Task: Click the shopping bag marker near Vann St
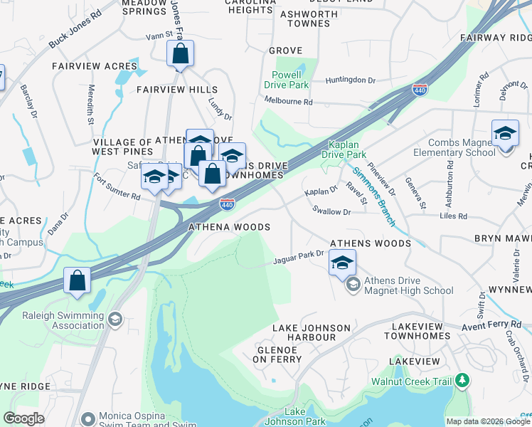point(181,54)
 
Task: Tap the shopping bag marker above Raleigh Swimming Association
point(77,280)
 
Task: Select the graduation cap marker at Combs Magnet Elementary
point(504,134)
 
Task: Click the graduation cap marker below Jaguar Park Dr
point(342,263)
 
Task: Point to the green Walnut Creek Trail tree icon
point(463,381)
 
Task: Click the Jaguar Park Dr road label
point(298,258)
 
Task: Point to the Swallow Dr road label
point(331,211)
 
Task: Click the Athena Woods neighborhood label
point(229,227)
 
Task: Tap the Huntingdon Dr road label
point(350,80)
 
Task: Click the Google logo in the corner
point(24,418)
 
